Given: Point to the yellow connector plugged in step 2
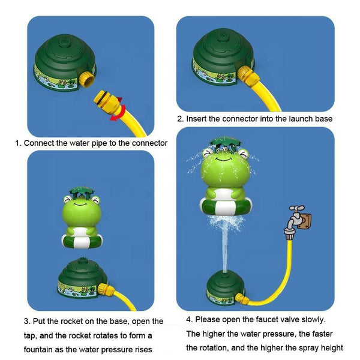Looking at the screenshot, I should [248, 74].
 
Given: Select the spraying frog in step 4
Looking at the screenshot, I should [223, 183].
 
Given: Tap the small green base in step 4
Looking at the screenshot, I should [225, 286].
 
